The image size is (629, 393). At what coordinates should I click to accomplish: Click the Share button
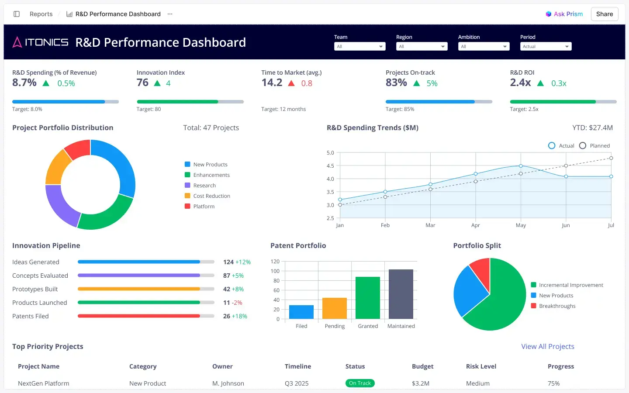pyautogui.click(x=604, y=14)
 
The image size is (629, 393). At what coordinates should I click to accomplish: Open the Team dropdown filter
pyautogui.click(x=359, y=46)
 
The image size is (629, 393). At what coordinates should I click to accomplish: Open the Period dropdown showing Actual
pyautogui.click(x=546, y=46)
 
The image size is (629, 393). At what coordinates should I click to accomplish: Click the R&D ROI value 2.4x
pyautogui.click(x=520, y=83)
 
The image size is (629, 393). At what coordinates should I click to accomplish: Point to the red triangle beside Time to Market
pyautogui.click(x=291, y=83)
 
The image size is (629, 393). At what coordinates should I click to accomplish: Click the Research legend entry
pyautogui.click(x=204, y=186)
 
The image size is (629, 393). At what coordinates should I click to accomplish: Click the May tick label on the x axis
pyautogui.click(x=521, y=225)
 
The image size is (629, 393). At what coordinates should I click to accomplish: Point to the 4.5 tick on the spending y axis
pyautogui.click(x=330, y=166)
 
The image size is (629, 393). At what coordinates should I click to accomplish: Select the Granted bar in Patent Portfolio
pyautogui.click(x=368, y=298)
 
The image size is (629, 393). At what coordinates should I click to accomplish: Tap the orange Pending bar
pyautogui.click(x=335, y=308)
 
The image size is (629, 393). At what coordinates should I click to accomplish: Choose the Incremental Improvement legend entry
pyautogui.click(x=570, y=285)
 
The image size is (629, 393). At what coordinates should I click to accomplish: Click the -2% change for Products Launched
pyautogui.click(x=237, y=303)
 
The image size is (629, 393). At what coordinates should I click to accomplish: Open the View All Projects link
pyautogui.click(x=548, y=346)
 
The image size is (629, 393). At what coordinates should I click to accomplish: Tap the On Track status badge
pyautogui.click(x=360, y=383)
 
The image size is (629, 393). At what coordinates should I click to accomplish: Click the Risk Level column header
pyautogui.click(x=481, y=366)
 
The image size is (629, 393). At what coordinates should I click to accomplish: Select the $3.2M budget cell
pyautogui.click(x=421, y=383)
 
